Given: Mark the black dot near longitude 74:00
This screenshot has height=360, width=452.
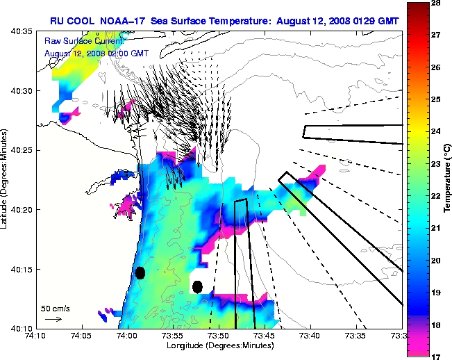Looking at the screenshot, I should coord(140,272).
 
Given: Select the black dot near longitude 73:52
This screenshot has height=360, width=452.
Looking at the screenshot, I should coord(197,286).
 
